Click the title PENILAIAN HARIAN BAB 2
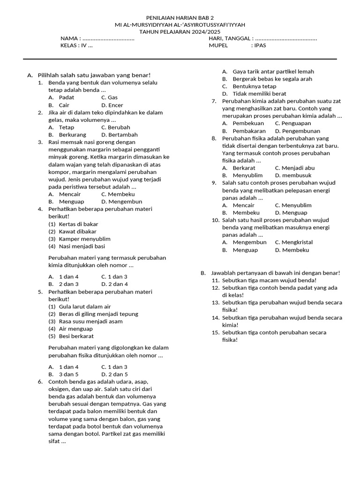point(180,17)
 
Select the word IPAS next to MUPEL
point(259,46)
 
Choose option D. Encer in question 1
point(112,105)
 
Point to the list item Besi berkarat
point(76,336)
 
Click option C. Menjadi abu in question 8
point(295,168)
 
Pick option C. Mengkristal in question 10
point(294,242)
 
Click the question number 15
point(216,333)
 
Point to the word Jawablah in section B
point(223,273)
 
